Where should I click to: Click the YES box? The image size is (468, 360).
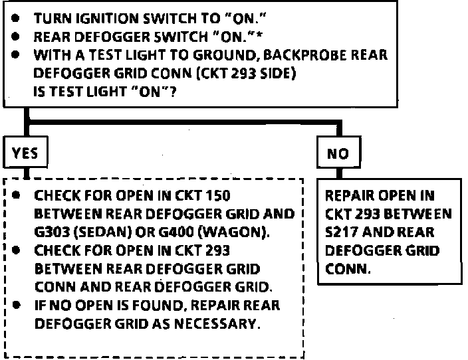25,153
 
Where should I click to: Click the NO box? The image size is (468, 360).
338,154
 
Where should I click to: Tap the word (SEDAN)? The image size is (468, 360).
106,232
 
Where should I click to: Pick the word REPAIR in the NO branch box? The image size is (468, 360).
350,197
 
